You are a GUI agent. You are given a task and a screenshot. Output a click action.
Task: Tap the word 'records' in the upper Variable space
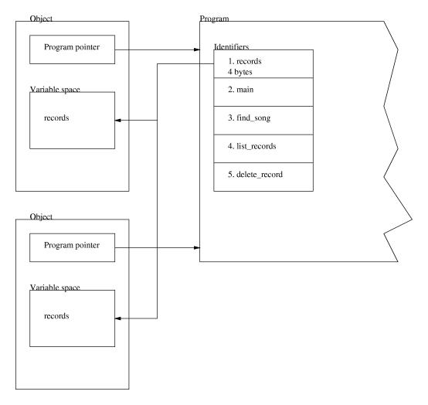coord(56,117)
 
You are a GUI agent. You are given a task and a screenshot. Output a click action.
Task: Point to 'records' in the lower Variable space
coord(56,315)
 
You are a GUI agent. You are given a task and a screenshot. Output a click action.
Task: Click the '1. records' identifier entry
coord(245,61)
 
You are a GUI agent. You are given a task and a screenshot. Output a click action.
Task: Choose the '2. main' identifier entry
coord(241,90)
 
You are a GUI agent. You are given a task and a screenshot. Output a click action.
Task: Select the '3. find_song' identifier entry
coord(250,118)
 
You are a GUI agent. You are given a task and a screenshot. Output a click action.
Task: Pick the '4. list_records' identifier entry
coord(252,146)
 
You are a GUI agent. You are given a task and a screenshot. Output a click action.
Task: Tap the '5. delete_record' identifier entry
coord(255,175)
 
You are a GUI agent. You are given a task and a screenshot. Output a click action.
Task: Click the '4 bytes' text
coord(240,72)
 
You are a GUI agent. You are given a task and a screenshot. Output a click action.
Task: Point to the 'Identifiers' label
coord(231,46)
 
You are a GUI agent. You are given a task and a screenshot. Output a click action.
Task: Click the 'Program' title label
coord(214,19)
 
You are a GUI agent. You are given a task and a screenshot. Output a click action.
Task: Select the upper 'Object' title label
coord(41,19)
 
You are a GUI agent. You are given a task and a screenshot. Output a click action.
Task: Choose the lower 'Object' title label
coord(41,217)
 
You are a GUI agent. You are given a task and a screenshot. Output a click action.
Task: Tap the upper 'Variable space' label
coord(55,90)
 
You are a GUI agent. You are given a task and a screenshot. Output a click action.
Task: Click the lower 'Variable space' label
coord(55,288)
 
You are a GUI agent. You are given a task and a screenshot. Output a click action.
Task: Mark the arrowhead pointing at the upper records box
coord(118,120)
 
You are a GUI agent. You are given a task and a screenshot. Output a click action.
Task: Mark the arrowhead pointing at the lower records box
coord(118,318)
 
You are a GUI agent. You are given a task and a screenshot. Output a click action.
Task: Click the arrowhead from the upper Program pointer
coord(197,49)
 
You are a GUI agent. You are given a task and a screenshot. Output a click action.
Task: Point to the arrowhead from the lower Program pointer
coord(197,247)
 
